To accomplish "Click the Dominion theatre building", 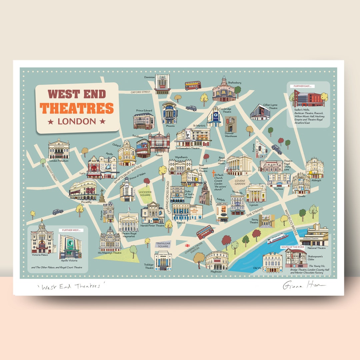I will click(162, 84).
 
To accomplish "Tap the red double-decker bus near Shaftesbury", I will click(193, 85).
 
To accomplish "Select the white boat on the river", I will click(277, 238).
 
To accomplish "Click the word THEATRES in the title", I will click(77, 108).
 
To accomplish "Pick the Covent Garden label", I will click(240, 182).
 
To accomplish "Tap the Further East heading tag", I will click(302, 86).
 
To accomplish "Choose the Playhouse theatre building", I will click(217, 260).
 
